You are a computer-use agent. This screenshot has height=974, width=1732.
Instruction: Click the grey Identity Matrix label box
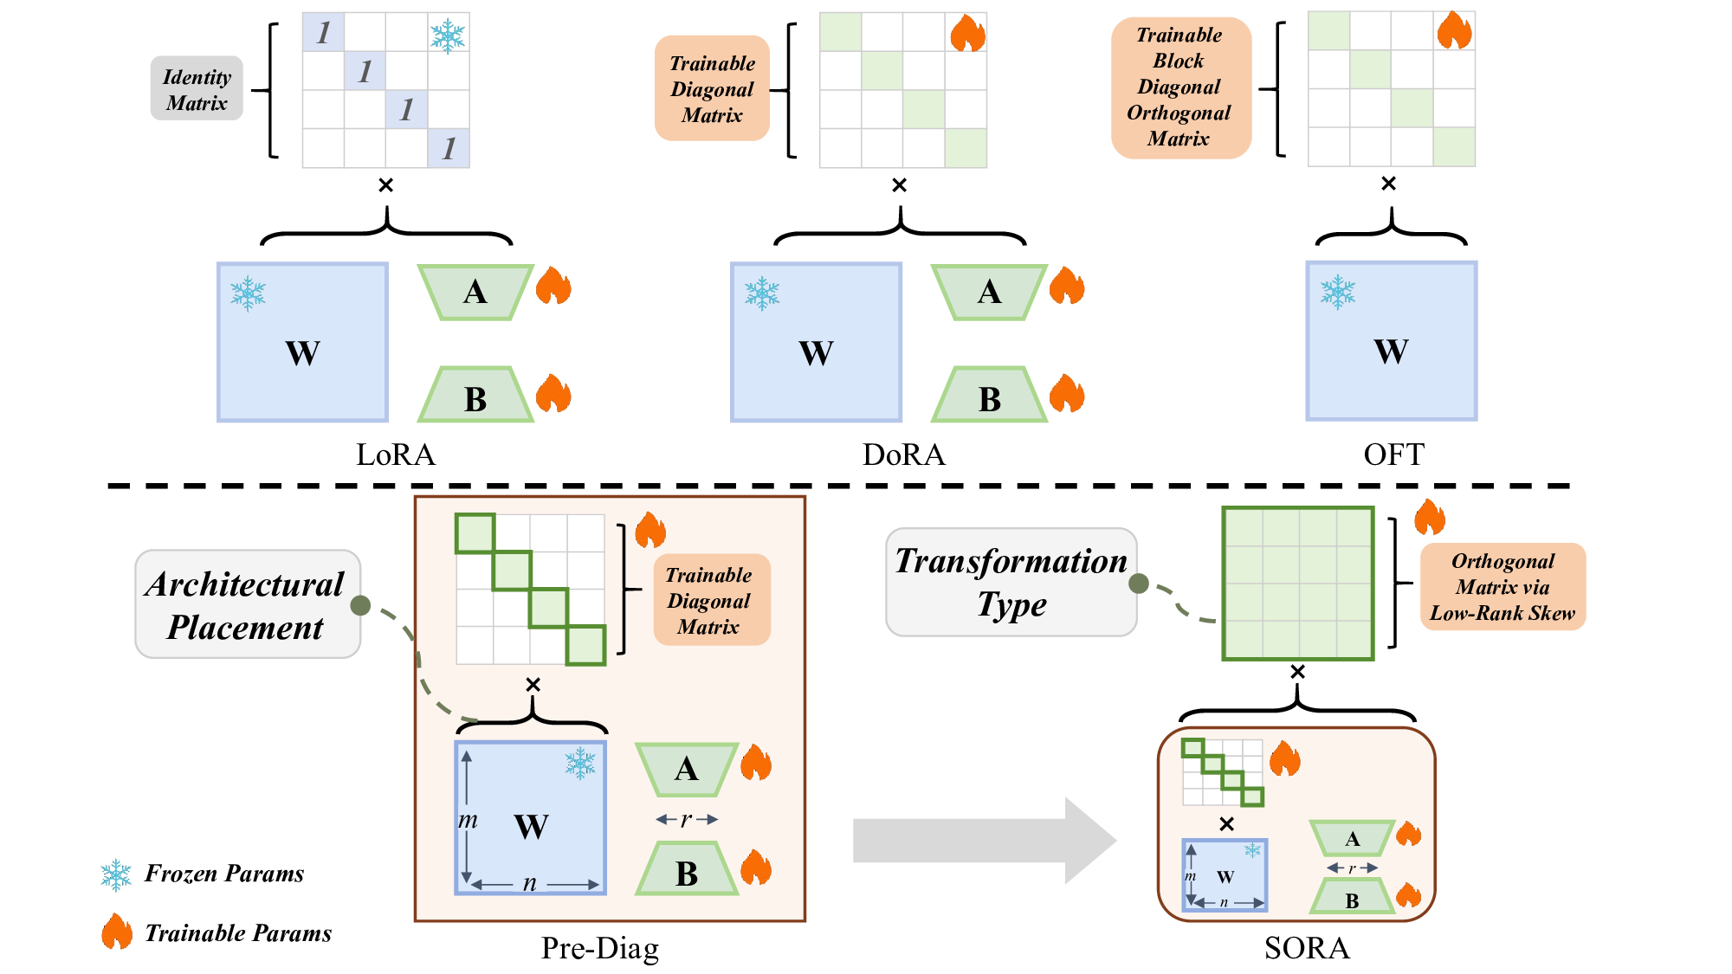coord(197,89)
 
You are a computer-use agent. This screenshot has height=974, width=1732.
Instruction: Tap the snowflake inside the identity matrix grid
coord(448,35)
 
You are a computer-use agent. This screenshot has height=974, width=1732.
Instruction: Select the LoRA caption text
coord(396,455)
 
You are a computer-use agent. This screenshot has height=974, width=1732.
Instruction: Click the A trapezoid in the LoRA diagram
coord(475,293)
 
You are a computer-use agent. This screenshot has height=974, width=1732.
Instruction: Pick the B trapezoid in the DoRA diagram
coord(989,397)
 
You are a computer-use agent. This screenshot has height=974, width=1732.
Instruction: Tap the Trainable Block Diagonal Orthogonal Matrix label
coord(1180,87)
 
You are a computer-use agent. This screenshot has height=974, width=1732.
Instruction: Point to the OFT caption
coord(1393,455)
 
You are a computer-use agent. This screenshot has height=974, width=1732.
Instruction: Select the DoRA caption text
coord(903,455)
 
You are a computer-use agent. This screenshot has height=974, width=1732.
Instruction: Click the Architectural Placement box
coord(247,604)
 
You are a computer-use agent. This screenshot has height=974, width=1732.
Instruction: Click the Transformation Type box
coord(1011,582)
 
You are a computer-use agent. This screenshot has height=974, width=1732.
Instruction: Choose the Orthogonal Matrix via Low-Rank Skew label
coord(1503,587)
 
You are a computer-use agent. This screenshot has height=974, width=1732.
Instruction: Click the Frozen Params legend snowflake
coord(116,875)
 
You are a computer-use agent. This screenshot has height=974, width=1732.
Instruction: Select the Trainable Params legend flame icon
coord(117,932)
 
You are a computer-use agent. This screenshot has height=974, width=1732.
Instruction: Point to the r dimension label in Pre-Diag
coord(686,819)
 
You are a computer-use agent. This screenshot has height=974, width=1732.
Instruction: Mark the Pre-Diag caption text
coord(599,948)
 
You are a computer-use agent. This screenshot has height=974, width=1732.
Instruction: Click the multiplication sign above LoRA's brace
coord(386,185)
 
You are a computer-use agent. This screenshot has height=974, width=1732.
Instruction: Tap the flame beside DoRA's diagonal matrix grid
coord(967,35)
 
